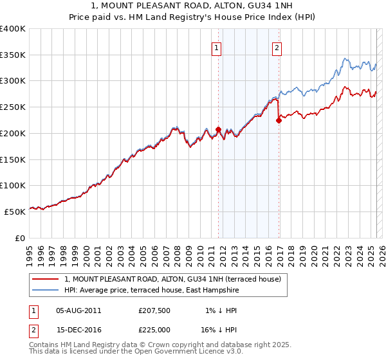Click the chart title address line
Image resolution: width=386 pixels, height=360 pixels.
coord(192,6)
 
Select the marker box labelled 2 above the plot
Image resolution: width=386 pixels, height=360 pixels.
coord(277,47)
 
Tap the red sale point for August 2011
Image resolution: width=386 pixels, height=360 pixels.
coord(218,129)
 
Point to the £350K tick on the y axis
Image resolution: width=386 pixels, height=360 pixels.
coord(14,55)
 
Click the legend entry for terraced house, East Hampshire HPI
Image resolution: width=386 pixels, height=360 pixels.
coord(151,291)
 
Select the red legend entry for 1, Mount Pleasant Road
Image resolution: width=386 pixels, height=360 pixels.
coord(172,279)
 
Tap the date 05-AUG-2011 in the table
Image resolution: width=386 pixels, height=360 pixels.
coord(78,310)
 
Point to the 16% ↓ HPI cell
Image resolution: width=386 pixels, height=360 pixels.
coord(219,328)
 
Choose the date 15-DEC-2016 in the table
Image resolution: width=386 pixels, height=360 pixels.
coord(78,328)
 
